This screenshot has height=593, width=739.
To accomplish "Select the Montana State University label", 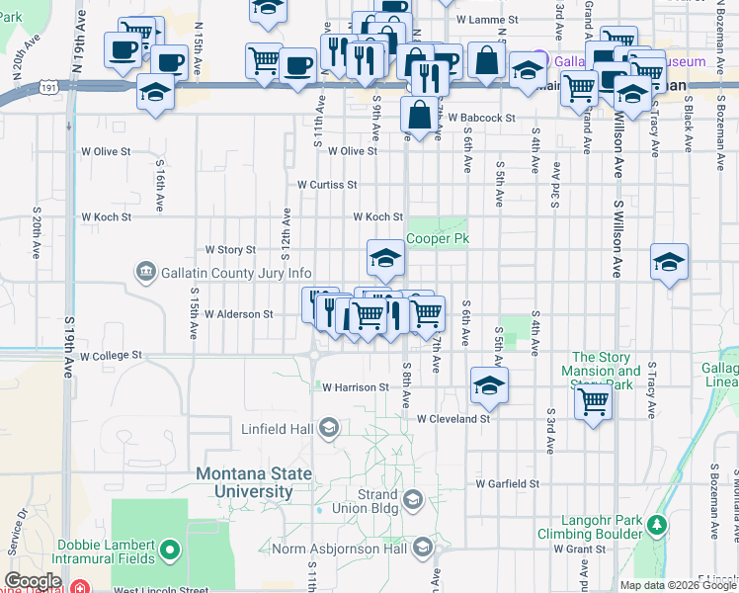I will click(x=244, y=482).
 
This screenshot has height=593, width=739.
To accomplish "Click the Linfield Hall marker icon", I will click(x=328, y=428).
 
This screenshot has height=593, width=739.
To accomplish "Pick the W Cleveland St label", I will click(x=453, y=419).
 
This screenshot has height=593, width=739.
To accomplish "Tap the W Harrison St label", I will click(x=355, y=388).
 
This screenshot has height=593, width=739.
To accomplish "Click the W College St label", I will click(x=111, y=355).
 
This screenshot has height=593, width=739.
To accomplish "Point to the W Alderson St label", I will click(x=238, y=314).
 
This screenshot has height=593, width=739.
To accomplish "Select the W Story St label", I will click(x=229, y=250).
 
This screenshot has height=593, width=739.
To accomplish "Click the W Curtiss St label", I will click(x=327, y=185).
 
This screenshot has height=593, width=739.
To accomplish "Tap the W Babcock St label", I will click(x=481, y=118).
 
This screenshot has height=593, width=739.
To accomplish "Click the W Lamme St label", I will click(x=488, y=20).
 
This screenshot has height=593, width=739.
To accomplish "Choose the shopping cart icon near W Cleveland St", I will click(x=593, y=400).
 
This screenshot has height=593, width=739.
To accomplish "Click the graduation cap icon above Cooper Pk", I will click(x=385, y=259).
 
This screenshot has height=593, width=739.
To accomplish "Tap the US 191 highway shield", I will click(x=48, y=88).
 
